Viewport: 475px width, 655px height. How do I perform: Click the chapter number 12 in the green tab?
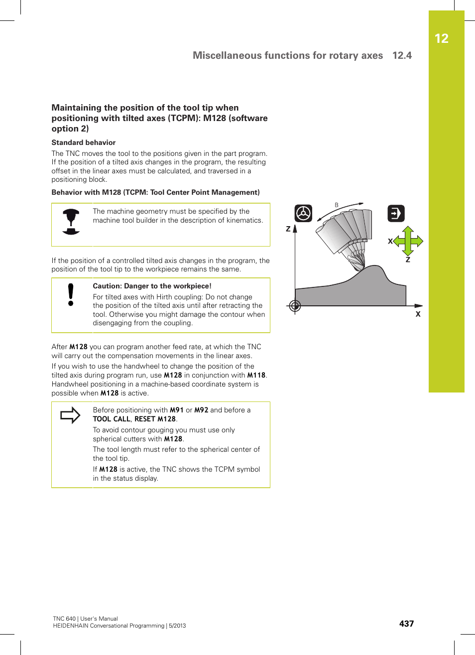tap(441, 39)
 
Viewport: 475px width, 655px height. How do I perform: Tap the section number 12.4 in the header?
tap(402, 55)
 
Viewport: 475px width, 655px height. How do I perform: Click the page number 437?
tap(406, 624)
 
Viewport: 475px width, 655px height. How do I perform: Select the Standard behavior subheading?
tap(83, 142)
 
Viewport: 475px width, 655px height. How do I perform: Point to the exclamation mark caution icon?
tap(71, 294)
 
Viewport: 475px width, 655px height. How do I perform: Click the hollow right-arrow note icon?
tap(70, 415)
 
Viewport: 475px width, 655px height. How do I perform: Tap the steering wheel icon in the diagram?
tap(303, 213)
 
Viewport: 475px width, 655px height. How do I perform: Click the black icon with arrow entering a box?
tap(396, 214)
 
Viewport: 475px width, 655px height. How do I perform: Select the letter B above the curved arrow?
tap(337, 205)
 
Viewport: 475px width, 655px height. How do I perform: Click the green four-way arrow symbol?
tap(408, 241)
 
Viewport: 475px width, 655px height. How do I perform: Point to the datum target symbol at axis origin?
tap(295, 306)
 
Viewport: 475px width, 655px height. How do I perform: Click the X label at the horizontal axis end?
tap(418, 314)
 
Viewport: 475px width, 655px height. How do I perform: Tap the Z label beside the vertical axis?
tap(288, 229)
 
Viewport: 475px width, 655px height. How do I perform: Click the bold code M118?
tap(256, 376)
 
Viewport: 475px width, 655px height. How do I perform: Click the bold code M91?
tap(177, 410)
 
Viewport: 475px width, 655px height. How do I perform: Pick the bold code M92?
tap(201, 410)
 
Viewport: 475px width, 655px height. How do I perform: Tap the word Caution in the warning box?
tap(107, 286)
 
